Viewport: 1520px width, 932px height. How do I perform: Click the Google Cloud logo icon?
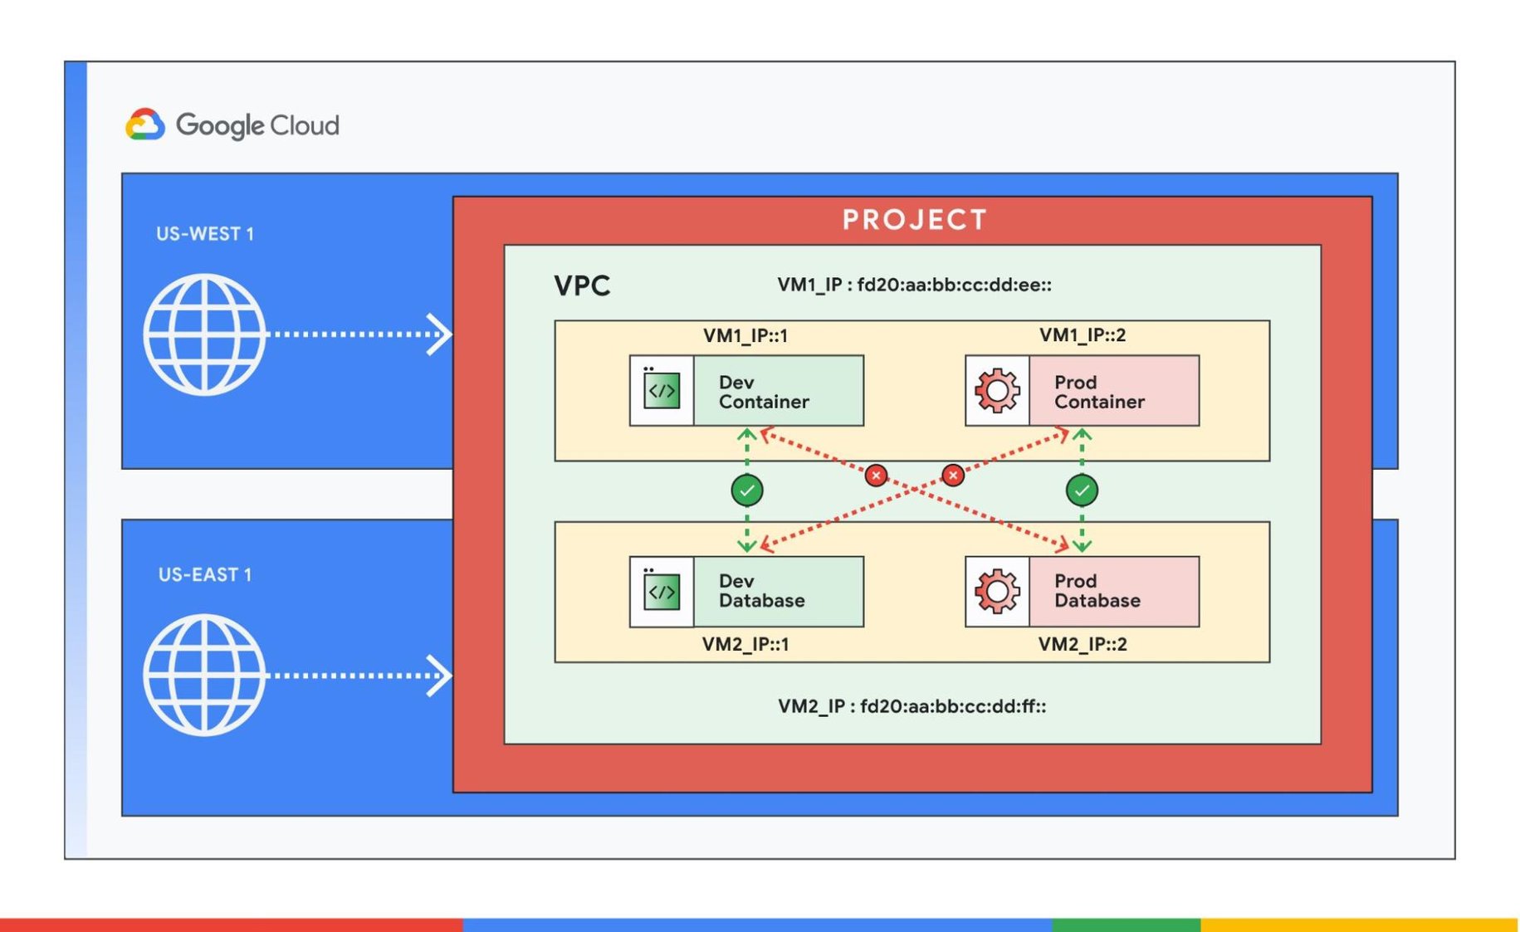tap(145, 124)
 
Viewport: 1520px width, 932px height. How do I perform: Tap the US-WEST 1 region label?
tap(205, 234)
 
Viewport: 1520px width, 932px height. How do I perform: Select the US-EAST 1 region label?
tap(205, 574)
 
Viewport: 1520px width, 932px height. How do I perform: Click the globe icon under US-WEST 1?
tap(204, 334)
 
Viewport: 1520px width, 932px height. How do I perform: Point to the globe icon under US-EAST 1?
tap(204, 675)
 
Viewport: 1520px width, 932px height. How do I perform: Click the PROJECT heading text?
tap(914, 220)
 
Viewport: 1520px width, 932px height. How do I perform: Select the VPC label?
tap(582, 285)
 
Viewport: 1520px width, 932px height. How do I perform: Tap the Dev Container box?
tap(746, 391)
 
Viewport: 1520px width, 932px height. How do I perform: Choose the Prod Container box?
tap(1082, 391)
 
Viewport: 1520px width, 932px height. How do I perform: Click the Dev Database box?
tap(746, 591)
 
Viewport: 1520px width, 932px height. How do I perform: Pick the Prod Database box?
tap(1082, 591)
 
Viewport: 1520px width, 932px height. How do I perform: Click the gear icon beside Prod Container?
tap(997, 391)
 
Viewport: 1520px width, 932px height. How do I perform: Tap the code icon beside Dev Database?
tap(662, 592)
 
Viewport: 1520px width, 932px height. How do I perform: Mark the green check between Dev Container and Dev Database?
tap(747, 490)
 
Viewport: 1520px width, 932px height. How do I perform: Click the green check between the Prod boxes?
tap(1082, 490)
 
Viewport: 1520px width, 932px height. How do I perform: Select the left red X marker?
tap(876, 476)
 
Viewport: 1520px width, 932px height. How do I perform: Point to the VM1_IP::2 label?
tap(1083, 335)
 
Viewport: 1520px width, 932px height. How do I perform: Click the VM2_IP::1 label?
tap(745, 644)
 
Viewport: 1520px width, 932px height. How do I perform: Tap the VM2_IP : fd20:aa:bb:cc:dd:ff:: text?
tap(912, 706)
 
